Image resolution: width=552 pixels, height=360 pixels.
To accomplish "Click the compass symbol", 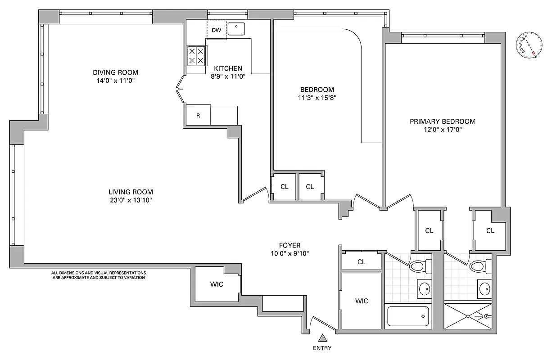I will pos(528,46).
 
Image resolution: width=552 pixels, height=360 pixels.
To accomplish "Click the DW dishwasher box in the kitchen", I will pos(217,30).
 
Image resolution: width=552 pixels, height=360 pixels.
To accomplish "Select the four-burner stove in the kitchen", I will pos(196,56).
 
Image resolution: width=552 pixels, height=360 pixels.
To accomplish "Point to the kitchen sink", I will pos(236,29).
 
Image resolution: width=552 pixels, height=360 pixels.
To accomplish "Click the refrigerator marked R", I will pos(198,116).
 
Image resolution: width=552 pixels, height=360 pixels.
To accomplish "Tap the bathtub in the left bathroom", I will pos(408,317).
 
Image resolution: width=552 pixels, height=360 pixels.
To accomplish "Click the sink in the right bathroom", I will pos(485,289).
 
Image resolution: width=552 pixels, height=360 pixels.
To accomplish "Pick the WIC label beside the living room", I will pos(217,284).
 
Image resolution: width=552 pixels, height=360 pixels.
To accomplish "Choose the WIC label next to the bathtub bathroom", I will pos(362,301).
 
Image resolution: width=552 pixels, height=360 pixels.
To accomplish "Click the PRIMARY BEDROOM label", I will pos(442,121).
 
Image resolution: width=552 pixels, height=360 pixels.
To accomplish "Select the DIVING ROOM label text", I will pos(115,72).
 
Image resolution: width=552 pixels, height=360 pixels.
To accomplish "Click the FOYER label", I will pos(289,245).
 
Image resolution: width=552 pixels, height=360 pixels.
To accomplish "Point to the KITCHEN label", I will pos(228,68).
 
